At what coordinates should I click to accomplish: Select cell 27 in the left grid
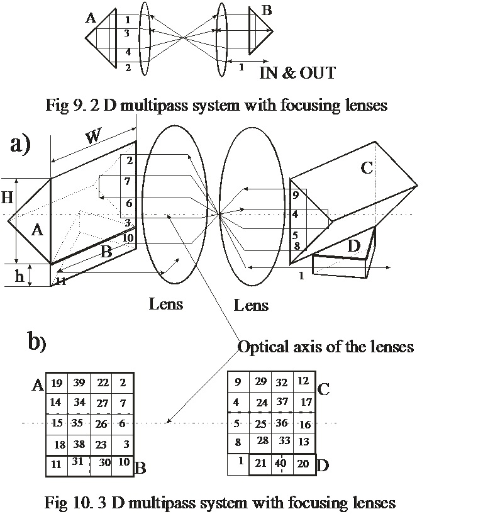tap(101, 403)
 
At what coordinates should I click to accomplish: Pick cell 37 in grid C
tap(282, 401)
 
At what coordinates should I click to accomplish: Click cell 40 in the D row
tap(281, 464)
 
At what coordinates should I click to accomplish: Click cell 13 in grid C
tap(304, 442)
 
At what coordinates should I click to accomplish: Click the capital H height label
tap(8, 198)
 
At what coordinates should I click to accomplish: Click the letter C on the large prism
tap(367, 168)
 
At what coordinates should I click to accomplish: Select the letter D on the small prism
tap(354, 247)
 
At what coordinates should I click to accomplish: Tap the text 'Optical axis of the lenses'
tap(325, 346)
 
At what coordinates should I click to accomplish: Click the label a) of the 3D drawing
tap(20, 145)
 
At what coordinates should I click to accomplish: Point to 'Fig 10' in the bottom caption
tap(64, 502)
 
